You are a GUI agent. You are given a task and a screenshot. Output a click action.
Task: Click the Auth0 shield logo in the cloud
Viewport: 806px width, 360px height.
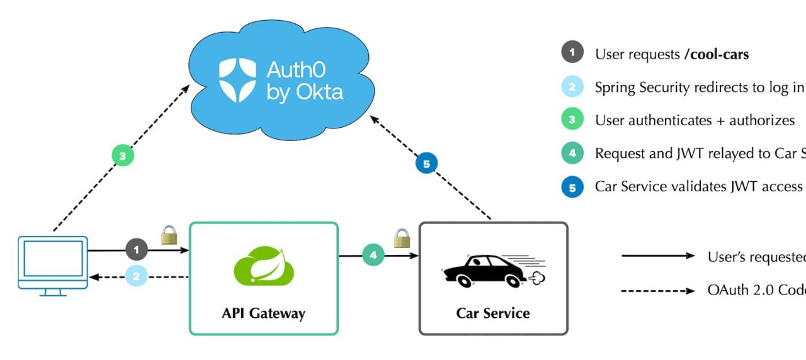pyautogui.click(x=237, y=80)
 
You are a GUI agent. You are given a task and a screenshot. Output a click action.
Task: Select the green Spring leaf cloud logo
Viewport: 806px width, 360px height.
pyautogui.click(x=264, y=267)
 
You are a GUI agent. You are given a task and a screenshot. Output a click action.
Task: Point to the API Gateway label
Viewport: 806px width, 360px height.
pyautogui.click(x=263, y=313)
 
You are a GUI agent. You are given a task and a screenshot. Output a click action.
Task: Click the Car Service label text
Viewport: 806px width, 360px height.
pyautogui.click(x=493, y=313)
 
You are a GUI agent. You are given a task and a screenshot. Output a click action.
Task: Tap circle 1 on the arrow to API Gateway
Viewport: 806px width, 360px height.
pyautogui.click(x=137, y=250)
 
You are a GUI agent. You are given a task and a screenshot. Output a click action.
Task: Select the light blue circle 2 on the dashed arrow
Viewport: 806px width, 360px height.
pyautogui.click(x=137, y=276)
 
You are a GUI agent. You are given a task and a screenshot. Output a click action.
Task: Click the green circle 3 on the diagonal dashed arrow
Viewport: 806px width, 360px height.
pyautogui.click(x=123, y=155)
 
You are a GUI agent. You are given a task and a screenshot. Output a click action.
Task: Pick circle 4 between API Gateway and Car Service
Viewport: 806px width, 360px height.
pyautogui.click(x=373, y=255)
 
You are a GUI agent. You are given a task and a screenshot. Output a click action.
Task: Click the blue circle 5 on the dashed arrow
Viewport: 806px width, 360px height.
pyautogui.click(x=427, y=164)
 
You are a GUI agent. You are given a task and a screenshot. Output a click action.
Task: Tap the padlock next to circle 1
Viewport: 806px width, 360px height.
pyautogui.click(x=169, y=235)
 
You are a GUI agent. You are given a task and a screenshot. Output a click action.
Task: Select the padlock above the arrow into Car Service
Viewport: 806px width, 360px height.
pyautogui.click(x=402, y=239)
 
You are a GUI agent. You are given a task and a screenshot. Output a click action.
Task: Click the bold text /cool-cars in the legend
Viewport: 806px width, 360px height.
pyautogui.click(x=717, y=54)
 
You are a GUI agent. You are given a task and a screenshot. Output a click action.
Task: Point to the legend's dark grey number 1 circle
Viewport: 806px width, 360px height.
pyautogui.click(x=572, y=52)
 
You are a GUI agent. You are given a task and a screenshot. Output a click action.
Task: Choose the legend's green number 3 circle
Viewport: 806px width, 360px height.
pyautogui.click(x=572, y=120)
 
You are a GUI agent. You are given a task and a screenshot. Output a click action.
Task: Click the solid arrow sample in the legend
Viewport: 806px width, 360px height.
pyautogui.click(x=658, y=256)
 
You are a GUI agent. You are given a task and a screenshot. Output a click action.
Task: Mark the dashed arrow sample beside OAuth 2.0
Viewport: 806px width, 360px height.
pyautogui.click(x=658, y=291)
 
